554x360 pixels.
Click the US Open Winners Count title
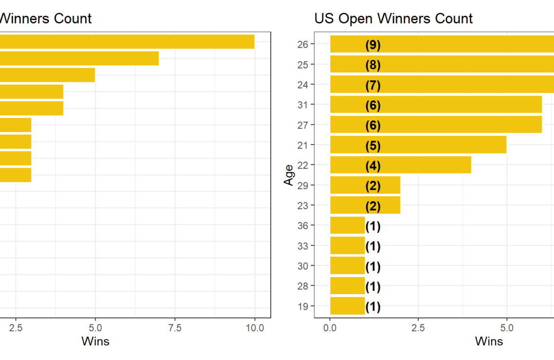(393, 18)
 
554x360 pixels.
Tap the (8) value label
(373, 65)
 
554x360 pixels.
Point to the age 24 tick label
(303, 85)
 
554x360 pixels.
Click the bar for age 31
(436, 105)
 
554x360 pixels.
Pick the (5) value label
(373, 146)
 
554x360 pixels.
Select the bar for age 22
(400, 165)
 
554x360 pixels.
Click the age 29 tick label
(303, 185)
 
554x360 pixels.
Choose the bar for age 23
(365, 205)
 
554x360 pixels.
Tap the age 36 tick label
(303, 225)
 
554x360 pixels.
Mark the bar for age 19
(347, 306)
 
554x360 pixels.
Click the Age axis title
(288, 175)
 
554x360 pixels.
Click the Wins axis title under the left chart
(95, 341)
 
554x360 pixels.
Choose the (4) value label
(373, 166)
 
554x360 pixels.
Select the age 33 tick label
(303, 246)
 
